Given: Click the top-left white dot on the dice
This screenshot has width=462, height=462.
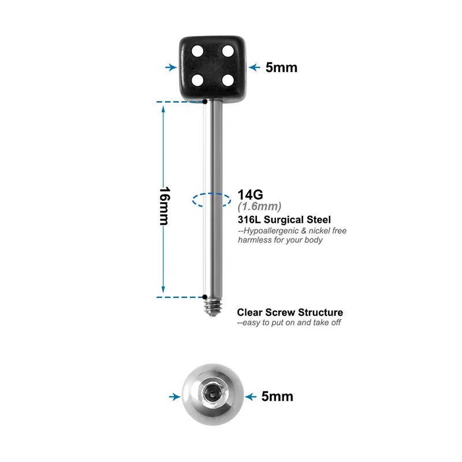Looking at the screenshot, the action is (x=198, y=51).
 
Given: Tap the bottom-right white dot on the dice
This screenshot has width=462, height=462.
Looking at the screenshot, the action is (x=228, y=80).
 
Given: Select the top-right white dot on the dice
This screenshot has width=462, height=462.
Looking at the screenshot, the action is (x=228, y=51).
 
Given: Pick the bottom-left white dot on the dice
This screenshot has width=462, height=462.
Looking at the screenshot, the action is (x=198, y=80).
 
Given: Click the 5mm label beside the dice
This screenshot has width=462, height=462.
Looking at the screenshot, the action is (x=281, y=68).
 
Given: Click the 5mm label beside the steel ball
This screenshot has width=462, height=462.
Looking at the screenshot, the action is (x=277, y=397).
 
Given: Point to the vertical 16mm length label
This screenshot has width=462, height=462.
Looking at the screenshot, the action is (x=165, y=206).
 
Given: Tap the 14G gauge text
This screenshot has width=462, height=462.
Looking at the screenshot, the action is (x=250, y=195).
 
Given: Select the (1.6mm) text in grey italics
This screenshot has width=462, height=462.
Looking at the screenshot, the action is (x=259, y=207).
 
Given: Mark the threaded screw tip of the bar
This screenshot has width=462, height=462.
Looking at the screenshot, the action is (x=213, y=307).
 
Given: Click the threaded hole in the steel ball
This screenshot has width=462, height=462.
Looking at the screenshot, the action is (x=213, y=393).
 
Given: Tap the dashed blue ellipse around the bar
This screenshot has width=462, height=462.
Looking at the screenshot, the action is (x=211, y=200).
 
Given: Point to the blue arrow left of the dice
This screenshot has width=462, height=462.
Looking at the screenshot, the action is (x=171, y=68).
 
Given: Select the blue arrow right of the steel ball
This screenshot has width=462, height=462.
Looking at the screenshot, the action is (x=251, y=397).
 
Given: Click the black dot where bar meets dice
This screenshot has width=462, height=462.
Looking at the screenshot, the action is (x=205, y=102).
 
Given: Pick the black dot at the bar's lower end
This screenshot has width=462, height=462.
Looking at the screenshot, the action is (x=205, y=297).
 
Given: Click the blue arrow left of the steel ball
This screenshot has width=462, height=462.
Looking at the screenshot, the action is (x=175, y=397).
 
